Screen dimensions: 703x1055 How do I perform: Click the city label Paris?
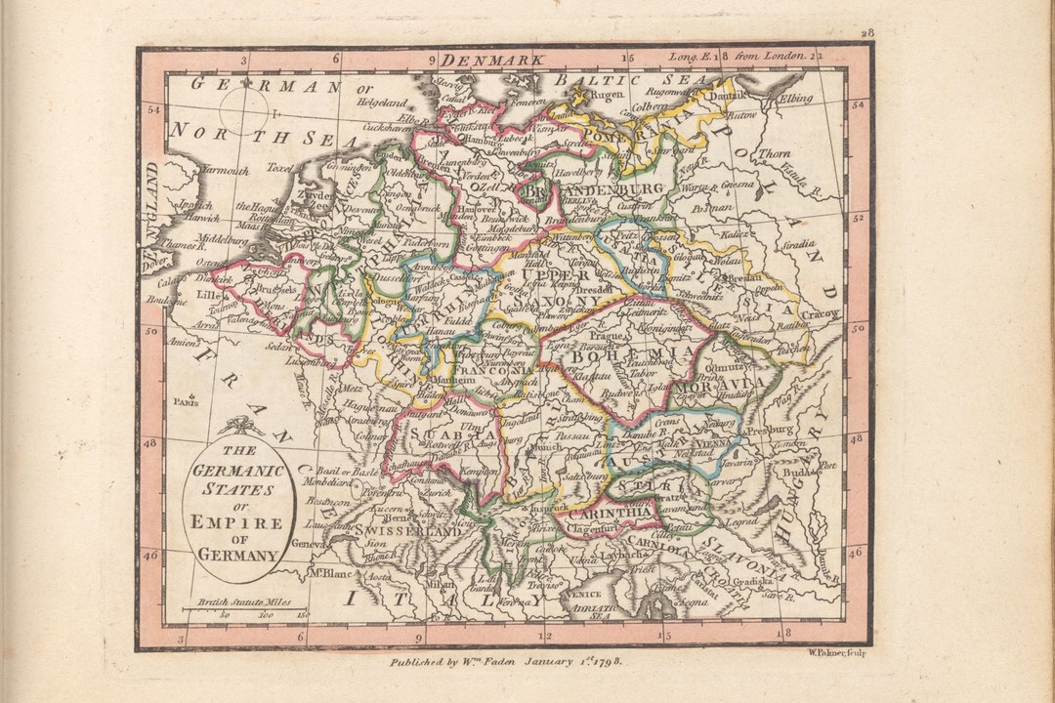click(x=184, y=401)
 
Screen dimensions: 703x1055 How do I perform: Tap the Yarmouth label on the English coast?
click(x=225, y=170)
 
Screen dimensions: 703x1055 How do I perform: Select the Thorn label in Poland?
click(x=774, y=153)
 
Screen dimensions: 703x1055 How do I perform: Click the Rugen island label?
click(x=607, y=95)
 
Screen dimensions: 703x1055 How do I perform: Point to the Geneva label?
click(x=307, y=545)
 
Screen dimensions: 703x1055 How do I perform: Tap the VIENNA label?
click(x=715, y=441)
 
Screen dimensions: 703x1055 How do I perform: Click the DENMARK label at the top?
click(x=503, y=61)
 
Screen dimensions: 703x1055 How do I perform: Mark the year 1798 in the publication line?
click(x=604, y=661)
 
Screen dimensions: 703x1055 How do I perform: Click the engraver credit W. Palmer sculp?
click(x=836, y=652)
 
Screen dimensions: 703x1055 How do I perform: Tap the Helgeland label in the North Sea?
click(x=381, y=102)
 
